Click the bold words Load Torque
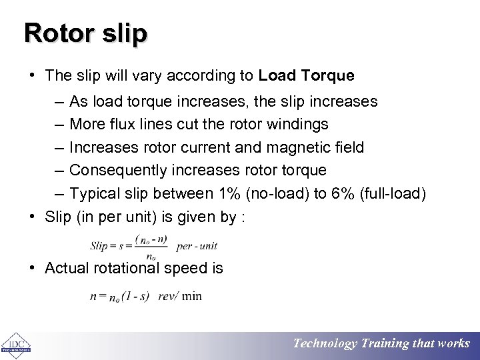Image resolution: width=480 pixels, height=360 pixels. point(306,76)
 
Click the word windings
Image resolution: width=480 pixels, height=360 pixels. point(298,124)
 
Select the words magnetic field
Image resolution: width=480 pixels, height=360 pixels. point(317,147)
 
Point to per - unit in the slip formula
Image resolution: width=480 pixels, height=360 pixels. point(197,246)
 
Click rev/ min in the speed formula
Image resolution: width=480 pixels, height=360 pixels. point(180,296)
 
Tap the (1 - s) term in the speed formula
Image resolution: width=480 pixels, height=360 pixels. point(138,296)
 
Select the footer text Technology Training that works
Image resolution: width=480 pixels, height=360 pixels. point(382,344)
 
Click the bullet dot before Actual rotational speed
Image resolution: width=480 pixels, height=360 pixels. point(32,268)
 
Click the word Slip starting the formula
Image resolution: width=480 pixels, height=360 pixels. point(99,245)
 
